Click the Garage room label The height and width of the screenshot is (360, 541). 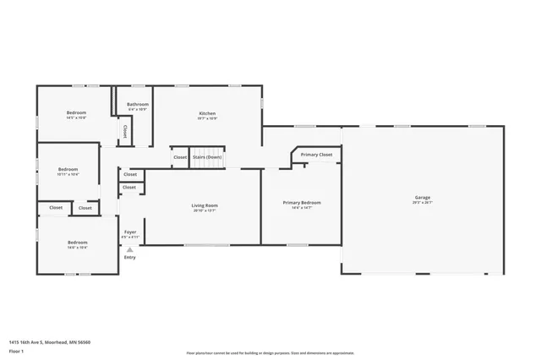(422, 197)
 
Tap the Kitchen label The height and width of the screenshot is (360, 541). (207, 113)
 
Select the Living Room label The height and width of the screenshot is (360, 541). (205, 205)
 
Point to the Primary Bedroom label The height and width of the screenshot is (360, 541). (302, 203)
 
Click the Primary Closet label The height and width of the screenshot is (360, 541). (316, 155)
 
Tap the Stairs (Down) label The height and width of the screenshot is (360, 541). (207, 157)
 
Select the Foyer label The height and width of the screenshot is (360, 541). (130, 232)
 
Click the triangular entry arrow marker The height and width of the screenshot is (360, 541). (129, 249)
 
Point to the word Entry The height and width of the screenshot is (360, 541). (129, 257)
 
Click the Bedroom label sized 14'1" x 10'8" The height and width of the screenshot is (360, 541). (76, 112)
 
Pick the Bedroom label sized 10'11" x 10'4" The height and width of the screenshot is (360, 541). (68, 169)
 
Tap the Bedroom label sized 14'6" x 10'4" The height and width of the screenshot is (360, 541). (77, 243)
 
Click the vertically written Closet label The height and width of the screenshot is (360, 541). (125, 132)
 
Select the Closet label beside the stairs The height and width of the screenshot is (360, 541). (180, 157)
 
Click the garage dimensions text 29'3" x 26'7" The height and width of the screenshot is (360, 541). (422, 203)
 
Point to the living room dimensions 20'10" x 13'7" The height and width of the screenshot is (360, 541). (205, 210)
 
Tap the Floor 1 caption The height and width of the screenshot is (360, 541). (16, 349)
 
